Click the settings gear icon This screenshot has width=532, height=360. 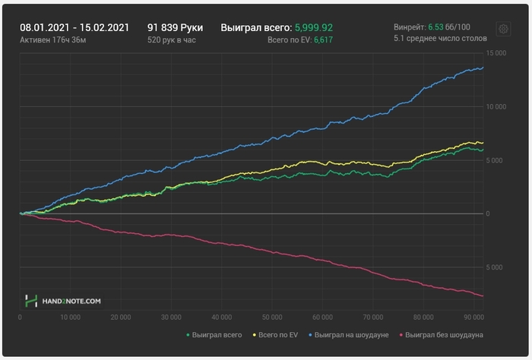(502, 29)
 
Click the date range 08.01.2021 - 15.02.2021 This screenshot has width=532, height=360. (74, 26)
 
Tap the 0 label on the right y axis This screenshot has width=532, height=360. (489, 214)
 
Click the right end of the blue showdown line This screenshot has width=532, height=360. (483, 68)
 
